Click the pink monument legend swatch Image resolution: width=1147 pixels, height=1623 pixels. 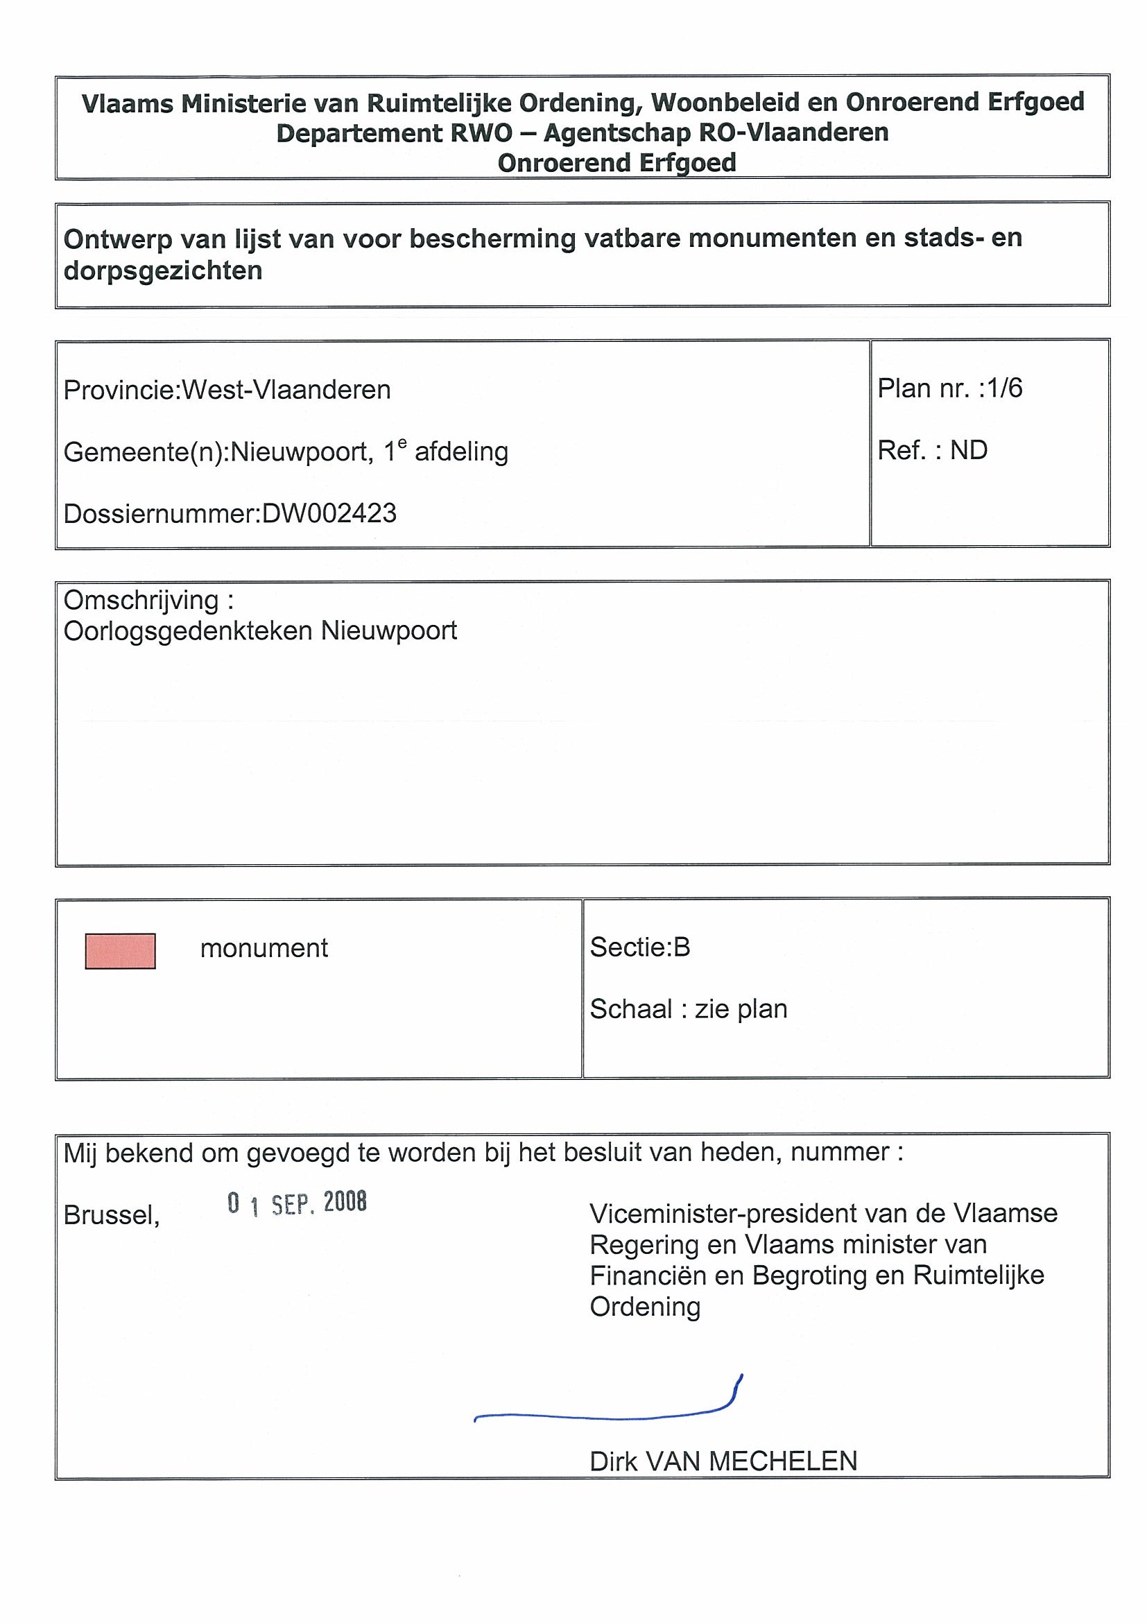[120, 951]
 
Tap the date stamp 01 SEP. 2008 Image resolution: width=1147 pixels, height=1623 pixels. [297, 1203]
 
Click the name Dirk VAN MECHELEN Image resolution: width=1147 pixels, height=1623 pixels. [723, 1461]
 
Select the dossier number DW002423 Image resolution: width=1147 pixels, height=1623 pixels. [329, 513]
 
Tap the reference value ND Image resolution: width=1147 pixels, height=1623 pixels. [968, 450]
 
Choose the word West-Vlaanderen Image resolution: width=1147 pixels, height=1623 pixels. [286, 390]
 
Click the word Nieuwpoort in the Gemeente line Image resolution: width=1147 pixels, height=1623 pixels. [301, 452]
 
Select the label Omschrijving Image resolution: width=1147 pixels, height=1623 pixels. [142, 600]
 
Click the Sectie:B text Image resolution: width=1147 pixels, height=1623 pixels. [639, 947]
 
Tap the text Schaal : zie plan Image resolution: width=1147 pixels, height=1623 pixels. [689, 1009]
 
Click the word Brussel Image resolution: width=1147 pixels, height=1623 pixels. [111, 1215]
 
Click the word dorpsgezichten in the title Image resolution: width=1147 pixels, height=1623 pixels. [162, 270]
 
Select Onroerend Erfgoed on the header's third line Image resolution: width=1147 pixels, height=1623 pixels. [616, 163]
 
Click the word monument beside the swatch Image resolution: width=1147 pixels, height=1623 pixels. [264, 948]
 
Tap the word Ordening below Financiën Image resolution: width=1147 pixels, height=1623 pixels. [644, 1307]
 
